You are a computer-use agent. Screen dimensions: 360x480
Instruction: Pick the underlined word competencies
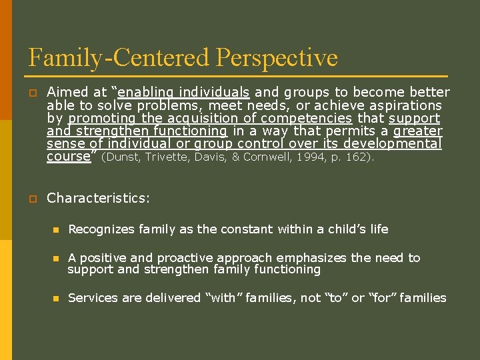[313, 118]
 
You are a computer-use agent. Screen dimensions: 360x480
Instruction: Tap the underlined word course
[67, 156]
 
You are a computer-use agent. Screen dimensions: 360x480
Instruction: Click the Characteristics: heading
[99, 198]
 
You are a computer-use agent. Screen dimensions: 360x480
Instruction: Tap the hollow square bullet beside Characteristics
[32, 199]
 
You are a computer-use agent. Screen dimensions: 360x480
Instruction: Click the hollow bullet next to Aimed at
[32, 93]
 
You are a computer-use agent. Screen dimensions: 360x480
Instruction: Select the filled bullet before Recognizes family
[57, 230]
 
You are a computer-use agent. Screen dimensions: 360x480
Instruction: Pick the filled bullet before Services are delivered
[57, 299]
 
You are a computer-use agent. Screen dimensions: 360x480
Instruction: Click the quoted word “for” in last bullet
[385, 298]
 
